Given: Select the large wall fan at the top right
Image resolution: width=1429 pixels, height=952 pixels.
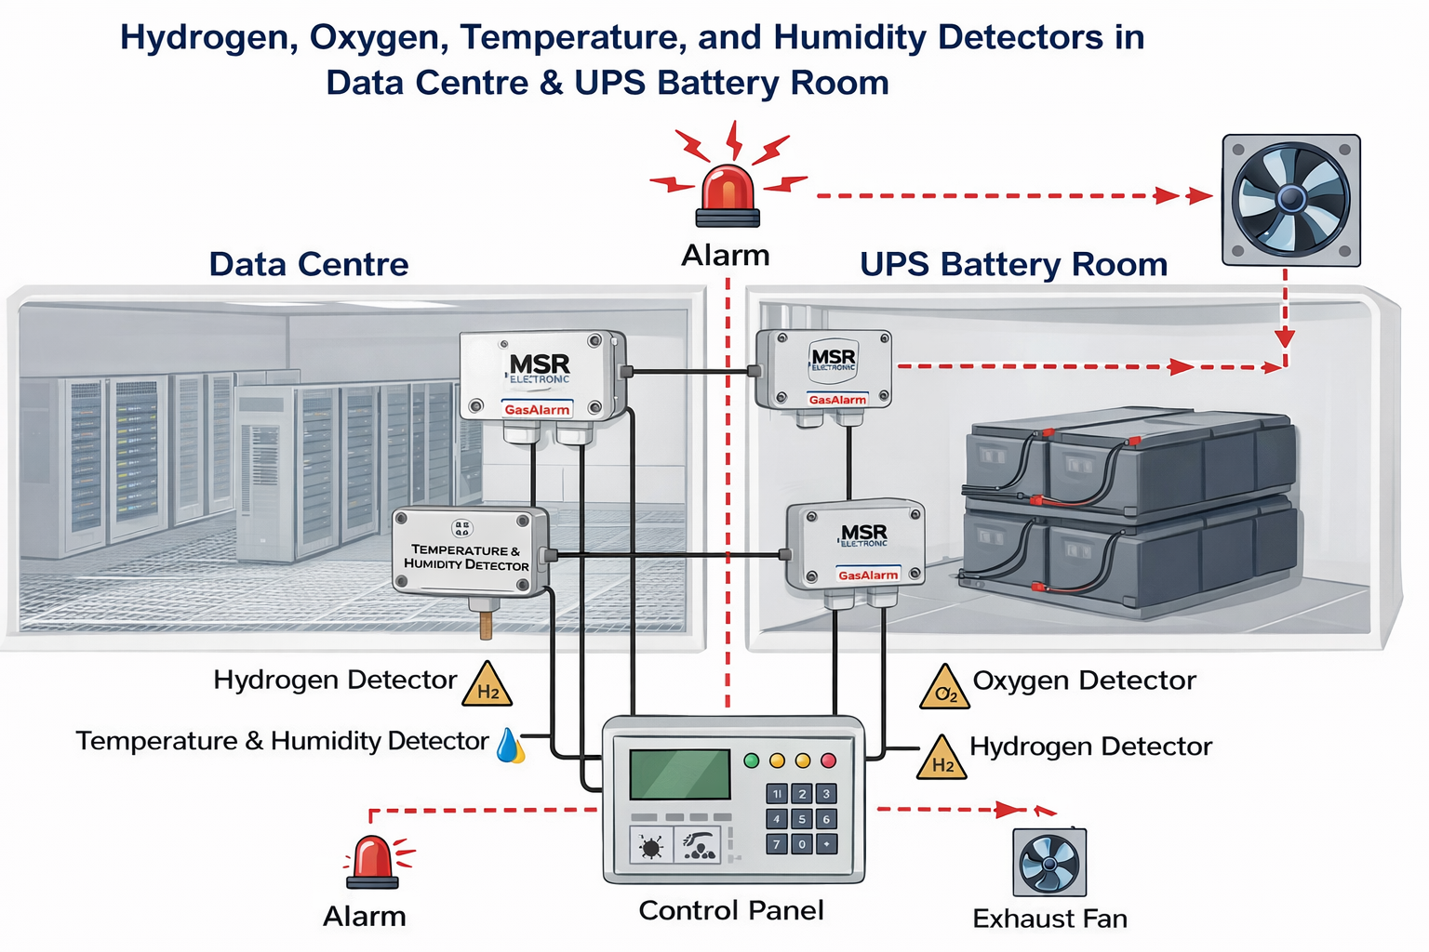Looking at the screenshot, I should tap(1290, 200).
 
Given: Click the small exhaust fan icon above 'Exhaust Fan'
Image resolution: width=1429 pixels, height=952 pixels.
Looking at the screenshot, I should tap(1048, 863).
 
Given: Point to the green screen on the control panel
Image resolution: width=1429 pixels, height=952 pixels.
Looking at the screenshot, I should tap(679, 773).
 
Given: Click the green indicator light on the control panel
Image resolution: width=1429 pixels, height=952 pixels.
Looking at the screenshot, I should tap(752, 760).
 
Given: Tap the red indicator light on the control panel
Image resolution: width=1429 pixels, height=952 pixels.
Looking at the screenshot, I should tap(829, 760).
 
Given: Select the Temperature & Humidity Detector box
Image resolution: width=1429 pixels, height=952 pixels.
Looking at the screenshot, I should tap(469, 552).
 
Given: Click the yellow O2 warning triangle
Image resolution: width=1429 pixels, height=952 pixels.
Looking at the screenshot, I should tap(944, 688).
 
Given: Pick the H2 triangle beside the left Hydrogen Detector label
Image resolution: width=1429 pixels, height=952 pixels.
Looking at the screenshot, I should tap(487, 686).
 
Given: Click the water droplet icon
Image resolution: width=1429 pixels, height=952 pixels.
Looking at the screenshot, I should tap(510, 745).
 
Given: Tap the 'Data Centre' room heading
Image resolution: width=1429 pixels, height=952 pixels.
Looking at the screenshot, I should tap(309, 264).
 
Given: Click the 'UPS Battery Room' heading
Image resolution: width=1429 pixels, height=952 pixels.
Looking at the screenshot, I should tap(1013, 264).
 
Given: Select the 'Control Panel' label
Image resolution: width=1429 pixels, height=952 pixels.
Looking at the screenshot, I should tap(731, 910).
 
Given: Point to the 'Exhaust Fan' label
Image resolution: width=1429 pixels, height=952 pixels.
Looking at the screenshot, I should tap(1049, 919).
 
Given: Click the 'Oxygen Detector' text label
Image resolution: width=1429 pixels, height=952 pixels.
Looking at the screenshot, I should tap(1084, 681).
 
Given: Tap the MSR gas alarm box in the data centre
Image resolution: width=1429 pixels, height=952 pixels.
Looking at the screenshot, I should tap(541, 376).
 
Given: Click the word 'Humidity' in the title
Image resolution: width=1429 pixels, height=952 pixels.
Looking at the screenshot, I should tap(855, 37).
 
